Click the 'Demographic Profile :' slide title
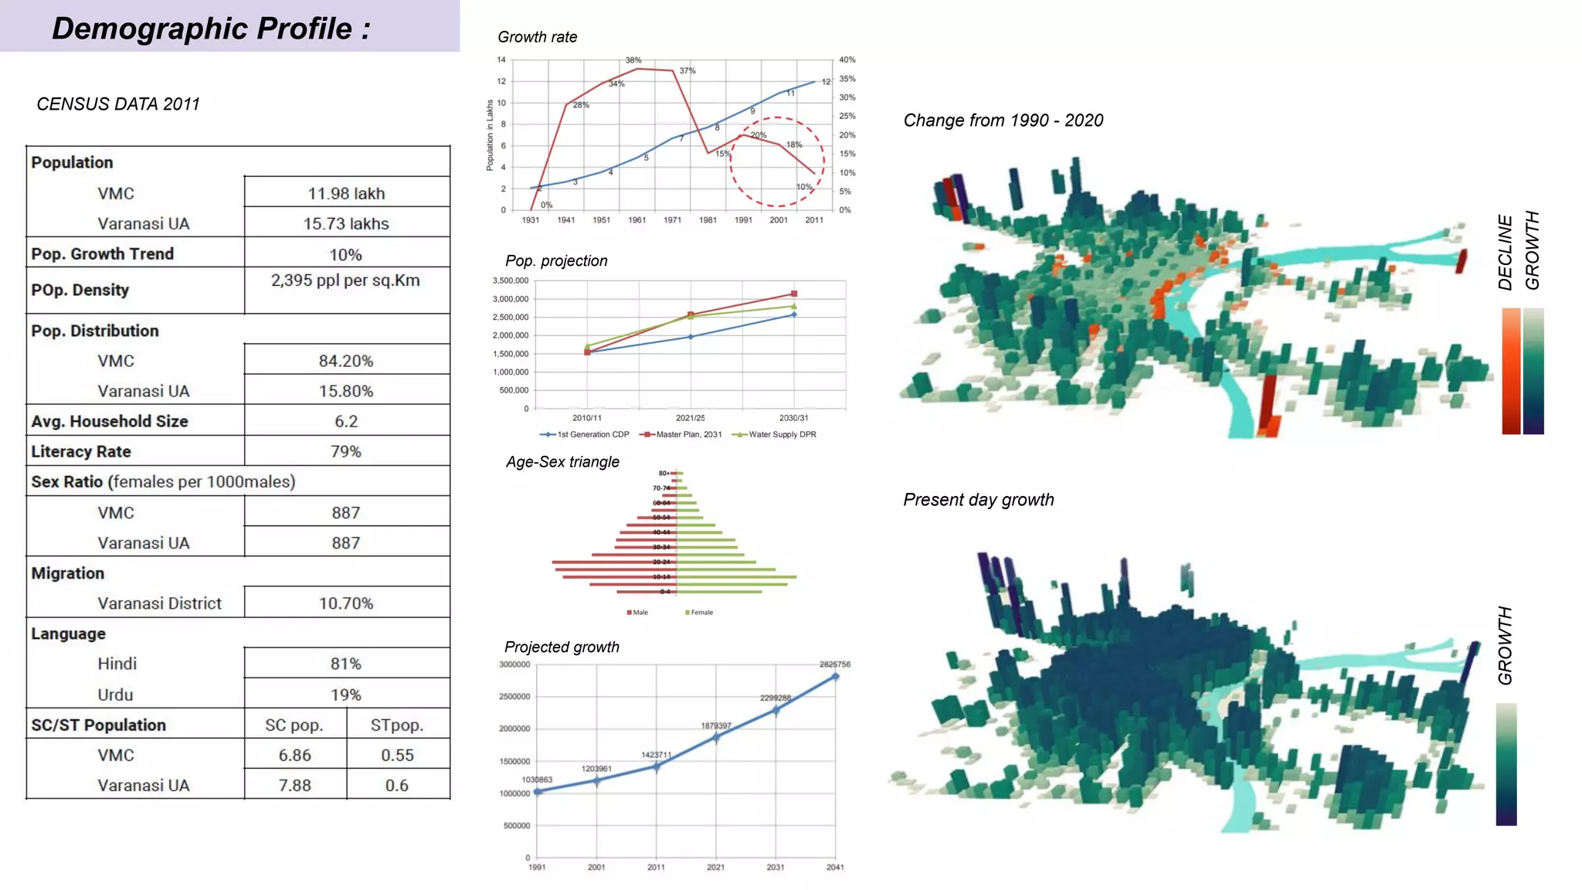[x=211, y=29]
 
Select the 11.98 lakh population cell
[x=346, y=193]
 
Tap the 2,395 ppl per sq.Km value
[x=345, y=280]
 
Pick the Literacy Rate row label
[x=81, y=451]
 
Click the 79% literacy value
[x=346, y=451]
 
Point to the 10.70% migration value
[x=346, y=603]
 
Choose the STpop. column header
[x=397, y=725]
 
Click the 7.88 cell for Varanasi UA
[x=294, y=785]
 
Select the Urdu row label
[x=115, y=695]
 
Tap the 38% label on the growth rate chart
[x=633, y=60]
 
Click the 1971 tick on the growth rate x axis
[x=672, y=220]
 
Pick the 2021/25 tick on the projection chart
[x=690, y=418]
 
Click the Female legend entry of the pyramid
[x=700, y=613]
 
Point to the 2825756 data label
[x=834, y=664]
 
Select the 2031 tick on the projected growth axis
[x=775, y=867]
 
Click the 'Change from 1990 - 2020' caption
[x=1003, y=121]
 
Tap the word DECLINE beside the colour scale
[x=1505, y=252]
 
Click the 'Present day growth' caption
[x=978, y=500]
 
